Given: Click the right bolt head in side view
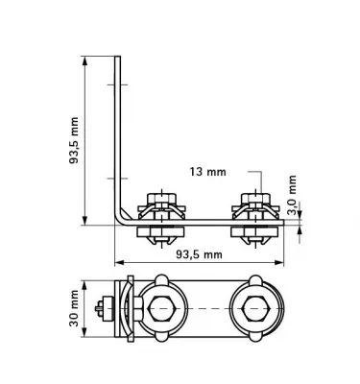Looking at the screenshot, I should pyautogui.click(x=254, y=203).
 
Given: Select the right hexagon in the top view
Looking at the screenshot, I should pyautogui.click(x=254, y=309).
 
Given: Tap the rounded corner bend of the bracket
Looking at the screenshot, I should pyautogui.click(x=120, y=219).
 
